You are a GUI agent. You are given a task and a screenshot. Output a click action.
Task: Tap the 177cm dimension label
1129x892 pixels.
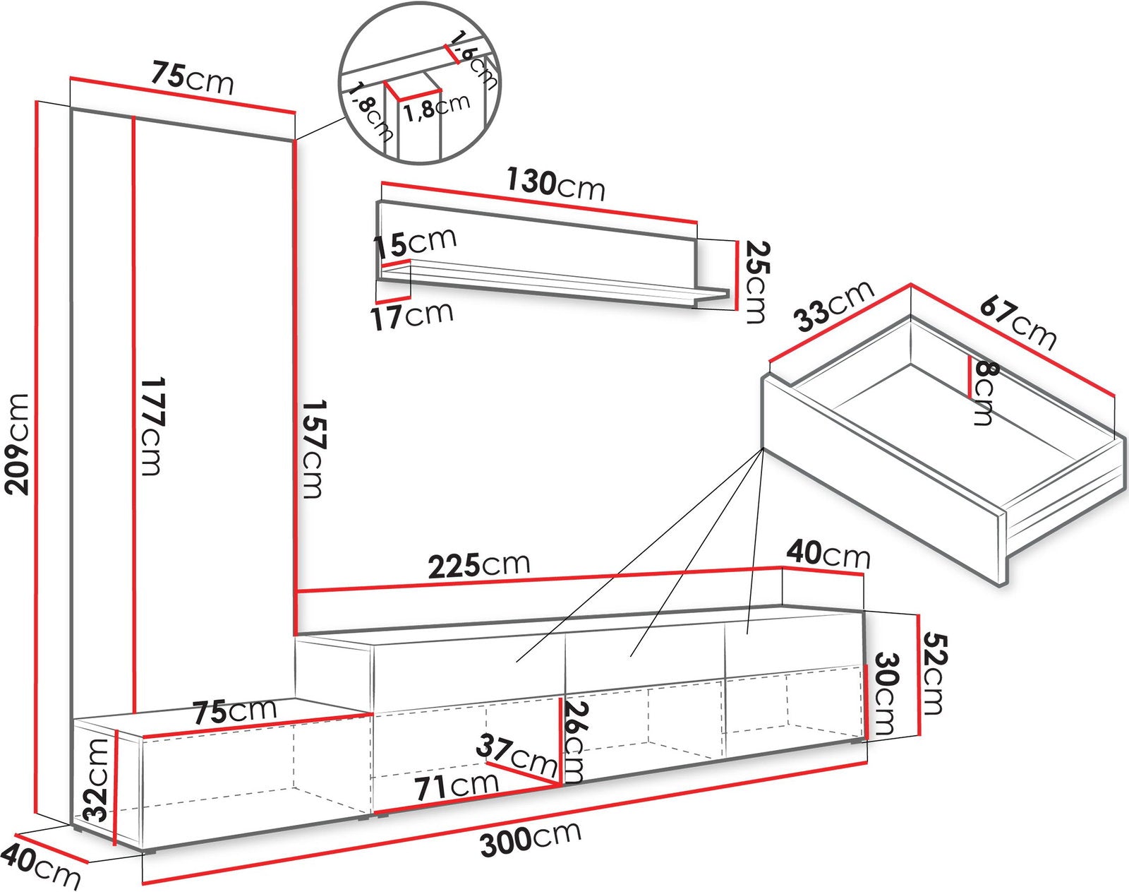coord(153,427)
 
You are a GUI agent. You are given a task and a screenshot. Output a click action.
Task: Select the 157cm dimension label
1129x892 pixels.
coord(314,449)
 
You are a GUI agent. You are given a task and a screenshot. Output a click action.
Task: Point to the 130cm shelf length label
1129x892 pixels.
coord(555,184)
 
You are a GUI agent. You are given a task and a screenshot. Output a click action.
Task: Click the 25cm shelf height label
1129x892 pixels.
coord(756,282)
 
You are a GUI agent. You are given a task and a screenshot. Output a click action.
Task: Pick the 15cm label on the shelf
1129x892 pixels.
coord(414,242)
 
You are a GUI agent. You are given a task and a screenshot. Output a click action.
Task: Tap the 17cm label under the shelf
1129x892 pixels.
coord(413,315)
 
